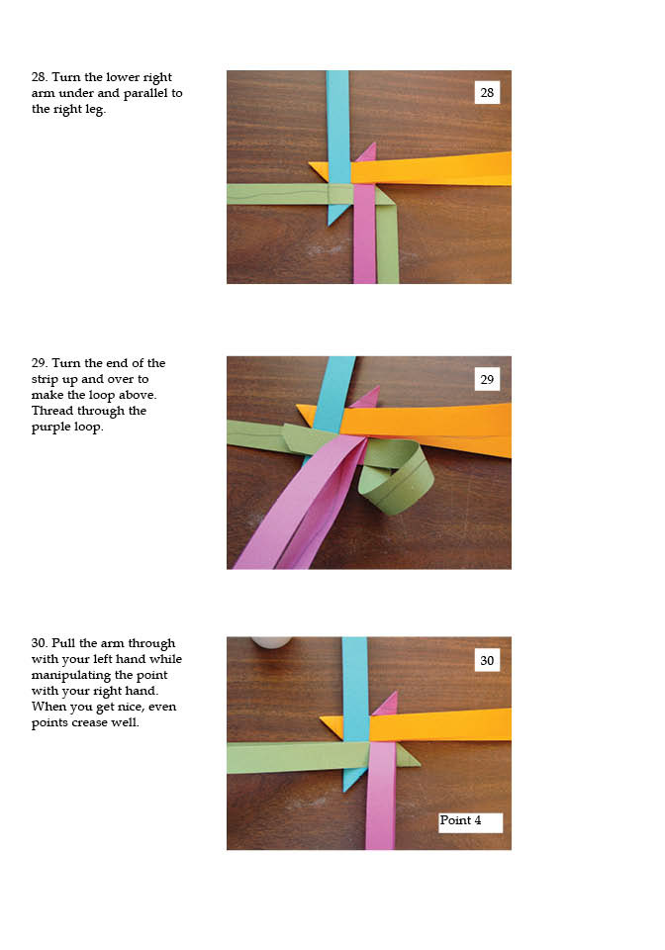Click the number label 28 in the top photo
[487, 93]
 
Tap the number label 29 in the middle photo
[487, 379]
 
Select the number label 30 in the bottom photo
[487, 660]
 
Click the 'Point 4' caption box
[471, 822]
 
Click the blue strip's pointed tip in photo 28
[329, 225]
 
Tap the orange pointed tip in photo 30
[321, 719]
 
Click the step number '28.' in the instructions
[40, 77]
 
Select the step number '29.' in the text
[40, 363]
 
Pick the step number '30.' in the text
[40, 643]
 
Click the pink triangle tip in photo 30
[397, 692]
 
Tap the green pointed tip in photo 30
[420, 765]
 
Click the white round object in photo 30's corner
[271, 641]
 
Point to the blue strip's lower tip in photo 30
[344, 792]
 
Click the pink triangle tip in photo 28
[375, 142]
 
